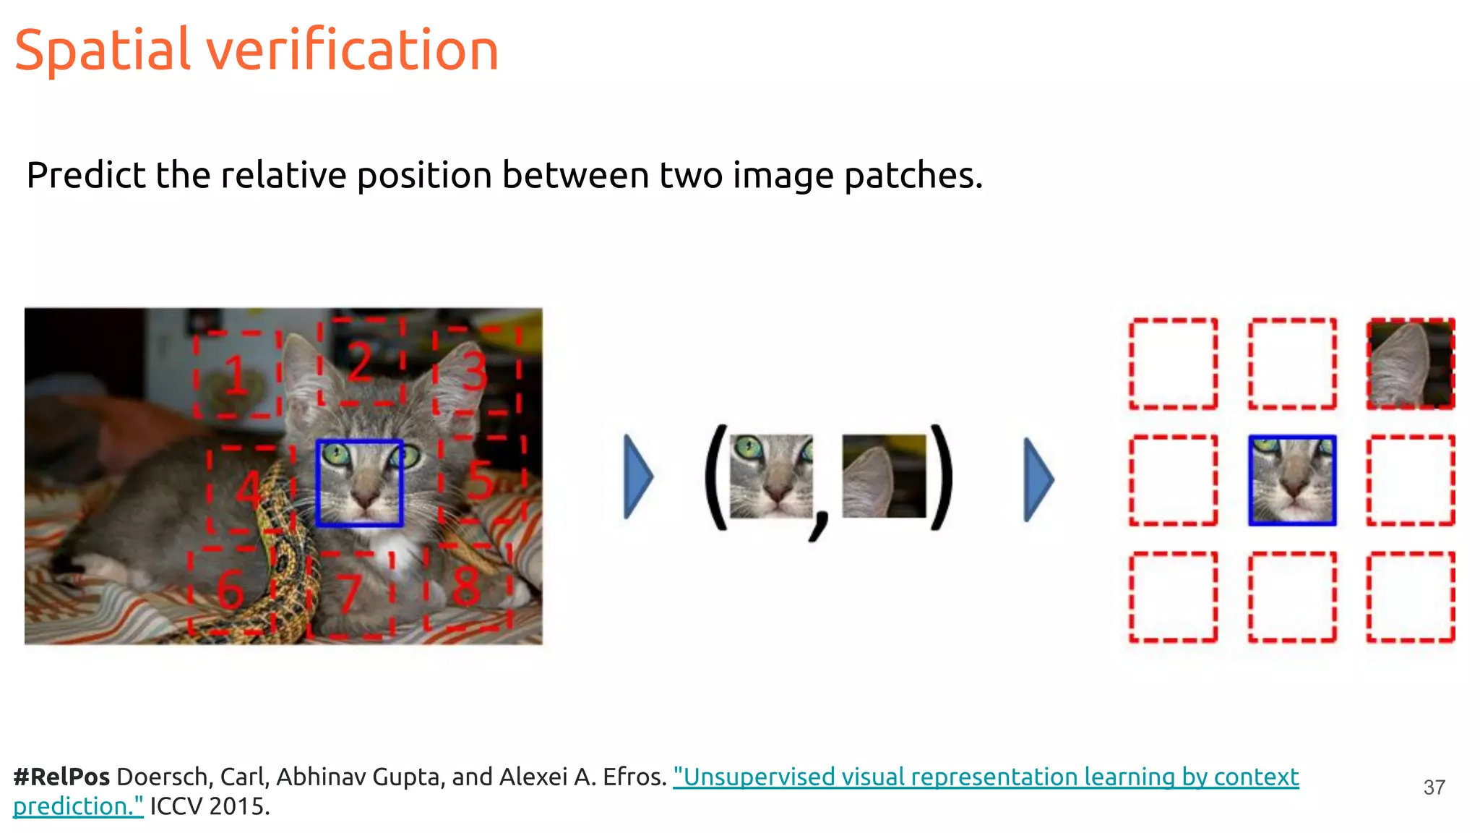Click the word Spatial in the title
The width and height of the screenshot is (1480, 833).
pyautogui.click(x=102, y=51)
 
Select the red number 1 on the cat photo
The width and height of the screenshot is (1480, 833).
pyautogui.click(x=236, y=375)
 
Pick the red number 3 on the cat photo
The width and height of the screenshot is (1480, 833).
pyautogui.click(x=475, y=370)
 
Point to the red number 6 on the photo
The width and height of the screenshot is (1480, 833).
pyautogui.click(x=231, y=589)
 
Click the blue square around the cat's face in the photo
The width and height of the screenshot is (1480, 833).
pyautogui.click(x=359, y=482)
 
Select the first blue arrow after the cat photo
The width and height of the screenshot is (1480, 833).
pyautogui.click(x=638, y=477)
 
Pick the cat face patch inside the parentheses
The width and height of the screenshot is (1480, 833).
pyautogui.click(x=771, y=476)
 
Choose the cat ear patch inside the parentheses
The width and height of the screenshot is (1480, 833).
pyautogui.click(x=884, y=476)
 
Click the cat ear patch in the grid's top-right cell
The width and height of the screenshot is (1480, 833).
pyautogui.click(x=1410, y=364)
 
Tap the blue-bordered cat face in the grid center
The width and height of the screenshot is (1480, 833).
pyautogui.click(x=1292, y=480)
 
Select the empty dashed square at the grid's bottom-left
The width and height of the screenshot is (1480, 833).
pyautogui.click(x=1173, y=597)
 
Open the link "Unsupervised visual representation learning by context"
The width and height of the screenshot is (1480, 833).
pyautogui.click(x=986, y=777)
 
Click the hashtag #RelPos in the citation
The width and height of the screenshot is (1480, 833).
pyautogui.click(x=61, y=777)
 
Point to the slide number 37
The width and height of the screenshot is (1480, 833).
pyautogui.click(x=1434, y=787)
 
